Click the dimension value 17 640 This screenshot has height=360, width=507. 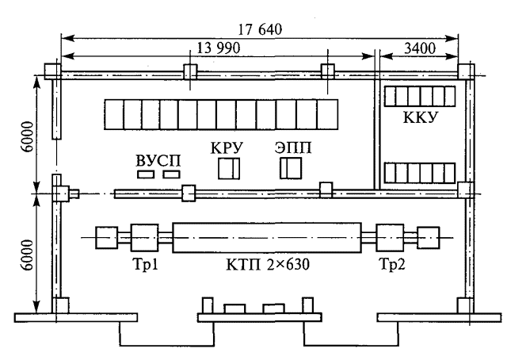click(261, 29)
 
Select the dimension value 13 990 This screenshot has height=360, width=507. click(219, 48)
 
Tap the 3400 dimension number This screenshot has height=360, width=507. click(420, 48)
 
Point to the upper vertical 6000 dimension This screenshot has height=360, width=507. click(27, 136)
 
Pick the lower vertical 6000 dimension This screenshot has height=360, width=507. click(27, 255)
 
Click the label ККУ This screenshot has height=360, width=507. click(421, 117)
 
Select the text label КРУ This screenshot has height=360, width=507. click(227, 148)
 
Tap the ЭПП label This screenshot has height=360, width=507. click(293, 147)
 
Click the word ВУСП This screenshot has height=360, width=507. click(158, 161)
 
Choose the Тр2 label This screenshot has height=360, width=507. click(392, 264)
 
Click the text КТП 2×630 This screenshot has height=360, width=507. click(268, 265)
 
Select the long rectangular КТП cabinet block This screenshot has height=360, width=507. click(267, 237)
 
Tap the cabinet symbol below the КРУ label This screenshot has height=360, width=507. click(229, 168)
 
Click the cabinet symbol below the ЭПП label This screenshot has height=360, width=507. click(291, 168)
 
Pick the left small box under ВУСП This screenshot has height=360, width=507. click(146, 174)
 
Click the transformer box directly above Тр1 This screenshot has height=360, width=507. click(144, 238)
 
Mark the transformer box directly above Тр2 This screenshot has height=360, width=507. click(390, 238)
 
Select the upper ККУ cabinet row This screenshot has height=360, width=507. click(420, 96)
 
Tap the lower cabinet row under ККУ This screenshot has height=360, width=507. click(420, 173)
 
